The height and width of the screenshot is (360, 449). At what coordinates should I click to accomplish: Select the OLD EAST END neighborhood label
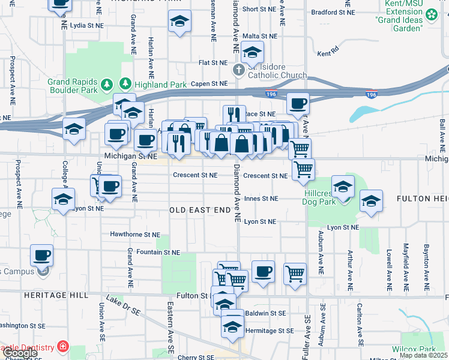[200, 210]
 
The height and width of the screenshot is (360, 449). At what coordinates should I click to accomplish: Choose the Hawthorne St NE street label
[135, 234]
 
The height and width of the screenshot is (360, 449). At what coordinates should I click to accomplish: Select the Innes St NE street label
[261, 198]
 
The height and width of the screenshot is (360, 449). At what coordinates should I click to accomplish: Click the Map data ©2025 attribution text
[423, 355]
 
